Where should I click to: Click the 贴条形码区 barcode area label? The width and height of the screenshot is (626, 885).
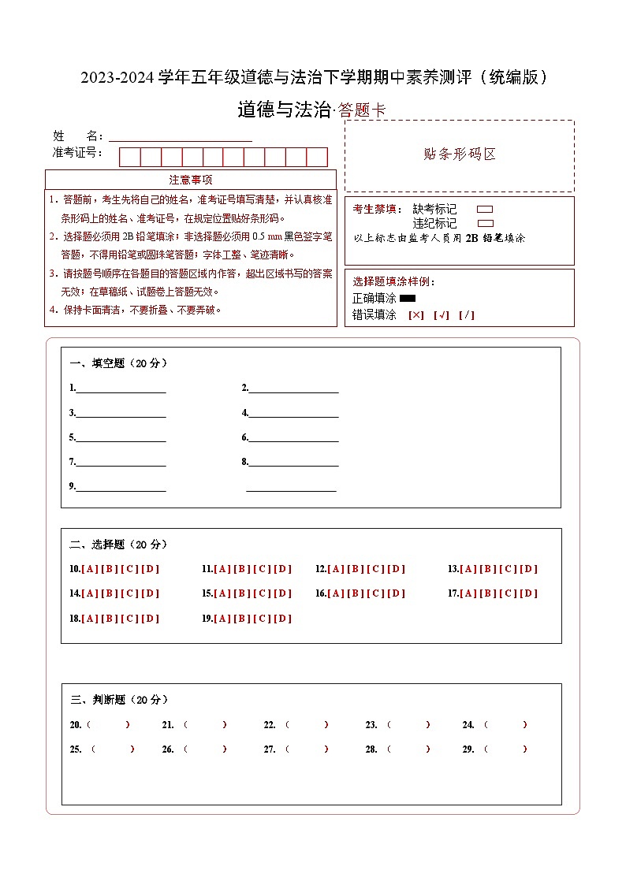[460, 154]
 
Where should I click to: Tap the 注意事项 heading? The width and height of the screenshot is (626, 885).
[191, 180]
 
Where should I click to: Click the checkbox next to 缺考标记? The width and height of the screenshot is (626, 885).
[485, 210]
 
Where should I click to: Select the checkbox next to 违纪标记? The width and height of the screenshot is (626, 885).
[485, 224]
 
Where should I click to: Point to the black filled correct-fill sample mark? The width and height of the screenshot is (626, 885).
[408, 299]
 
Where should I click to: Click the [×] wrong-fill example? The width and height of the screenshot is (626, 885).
[416, 315]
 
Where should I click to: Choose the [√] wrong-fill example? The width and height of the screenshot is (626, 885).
[442, 315]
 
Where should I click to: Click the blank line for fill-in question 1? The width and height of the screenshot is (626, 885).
[121, 388]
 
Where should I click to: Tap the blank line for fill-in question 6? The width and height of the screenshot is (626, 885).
[293, 437]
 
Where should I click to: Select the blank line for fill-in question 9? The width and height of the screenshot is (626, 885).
[121, 486]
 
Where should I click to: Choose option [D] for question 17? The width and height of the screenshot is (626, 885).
[528, 593]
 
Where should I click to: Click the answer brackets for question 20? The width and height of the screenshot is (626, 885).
[108, 725]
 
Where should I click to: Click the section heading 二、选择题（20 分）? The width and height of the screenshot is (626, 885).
[119, 545]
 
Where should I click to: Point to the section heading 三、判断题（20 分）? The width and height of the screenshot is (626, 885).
[119, 700]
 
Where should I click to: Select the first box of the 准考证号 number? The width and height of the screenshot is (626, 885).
[129, 157]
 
